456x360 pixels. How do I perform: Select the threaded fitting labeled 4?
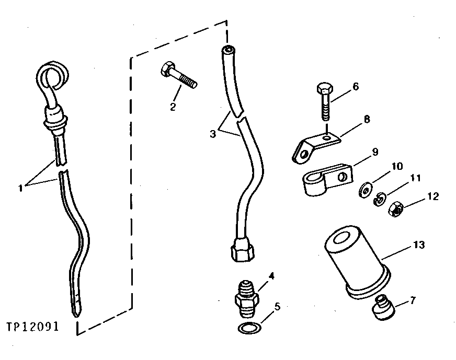(x=245, y=301)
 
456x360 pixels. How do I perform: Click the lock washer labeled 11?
(x=380, y=200)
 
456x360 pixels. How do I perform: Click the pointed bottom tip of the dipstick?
(x=77, y=312)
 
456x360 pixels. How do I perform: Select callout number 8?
(x=367, y=120)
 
